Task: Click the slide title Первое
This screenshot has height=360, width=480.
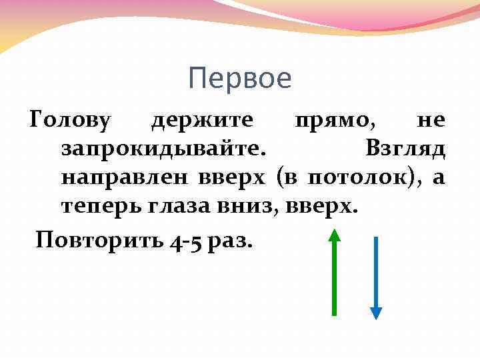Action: coord(240,79)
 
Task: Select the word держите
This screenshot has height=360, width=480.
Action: coord(201,120)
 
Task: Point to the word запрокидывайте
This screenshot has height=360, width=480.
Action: coord(163,149)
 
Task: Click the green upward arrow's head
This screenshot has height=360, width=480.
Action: coord(335,234)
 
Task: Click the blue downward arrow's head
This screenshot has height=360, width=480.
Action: coord(376,313)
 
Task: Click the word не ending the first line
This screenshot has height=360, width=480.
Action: coord(430,120)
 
